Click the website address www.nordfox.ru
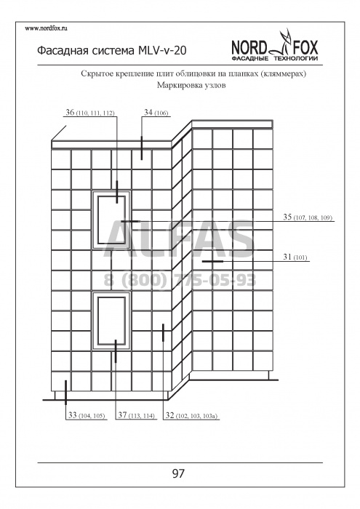(x=46, y=28)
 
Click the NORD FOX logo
(x=275, y=46)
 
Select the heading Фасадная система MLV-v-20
(x=112, y=51)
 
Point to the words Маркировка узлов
(x=191, y=85)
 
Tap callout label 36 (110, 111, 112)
(x=90, y=113)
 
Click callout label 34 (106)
(x=156, y=113)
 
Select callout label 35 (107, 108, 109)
(x=308, y=217)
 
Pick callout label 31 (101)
(x=295, y=257)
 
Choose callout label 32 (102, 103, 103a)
(x=191, y=415)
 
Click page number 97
(x=178, y=473)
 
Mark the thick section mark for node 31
(x=212, y=261)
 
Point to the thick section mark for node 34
(x=142, y=148)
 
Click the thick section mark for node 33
(x=66, y=393)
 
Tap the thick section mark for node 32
(x=163, y=333)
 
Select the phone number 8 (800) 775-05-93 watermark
(x=180, y=280)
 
